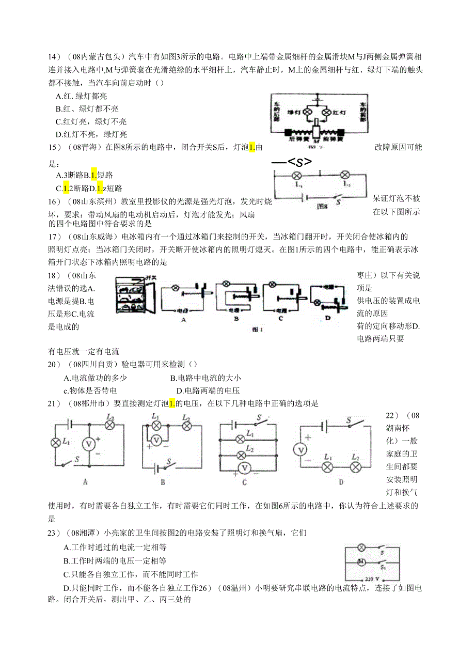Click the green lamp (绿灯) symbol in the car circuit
point(306,112)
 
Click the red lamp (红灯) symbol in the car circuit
point(326,112)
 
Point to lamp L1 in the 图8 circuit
point(297,176)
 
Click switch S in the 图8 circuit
point(338,197)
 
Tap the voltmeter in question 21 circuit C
point(246,467)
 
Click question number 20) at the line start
point(55,365)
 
